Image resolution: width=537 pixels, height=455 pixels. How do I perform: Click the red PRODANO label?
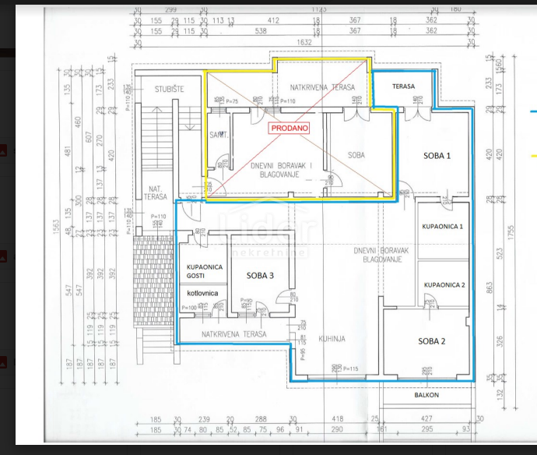click(x=290, y=128)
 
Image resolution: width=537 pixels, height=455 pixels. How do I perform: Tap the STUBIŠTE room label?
click(x=168, y=89)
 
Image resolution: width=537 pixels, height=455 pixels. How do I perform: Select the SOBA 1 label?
click(x=437, y=156)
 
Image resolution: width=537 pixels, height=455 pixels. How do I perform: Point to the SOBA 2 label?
click(x=432, y=341)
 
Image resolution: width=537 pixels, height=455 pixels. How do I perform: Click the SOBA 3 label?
click(x=260, y=276)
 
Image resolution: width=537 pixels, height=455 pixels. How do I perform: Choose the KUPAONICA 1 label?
click(x=443, y=227)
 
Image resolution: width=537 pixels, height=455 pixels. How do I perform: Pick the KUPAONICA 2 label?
click(x=444, y=285)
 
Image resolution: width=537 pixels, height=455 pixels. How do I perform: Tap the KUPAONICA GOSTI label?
click(x=205, y=272)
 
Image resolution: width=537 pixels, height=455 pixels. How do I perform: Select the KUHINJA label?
click(x=332, y=339)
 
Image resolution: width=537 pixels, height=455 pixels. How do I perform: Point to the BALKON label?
click(x=426, y=395)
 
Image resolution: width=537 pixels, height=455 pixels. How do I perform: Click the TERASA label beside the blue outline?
click(x=403, y=86)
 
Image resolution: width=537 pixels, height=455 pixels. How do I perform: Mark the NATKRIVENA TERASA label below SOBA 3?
click(x=233, y=334)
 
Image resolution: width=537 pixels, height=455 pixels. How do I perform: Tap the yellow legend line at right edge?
click(x=533, y=157)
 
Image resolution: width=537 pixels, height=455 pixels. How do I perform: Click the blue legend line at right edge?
click(x=533, y=111)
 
